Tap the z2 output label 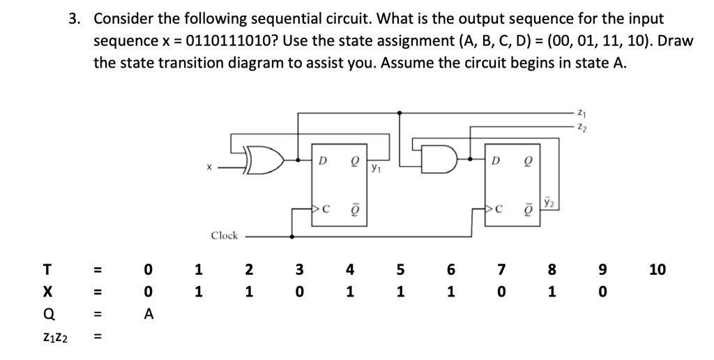582,126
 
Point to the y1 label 376,167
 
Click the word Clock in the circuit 225,236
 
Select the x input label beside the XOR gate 207,167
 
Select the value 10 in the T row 657,269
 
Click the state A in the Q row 148,314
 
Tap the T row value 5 400,269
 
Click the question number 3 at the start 73,19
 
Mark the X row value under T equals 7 500,292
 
